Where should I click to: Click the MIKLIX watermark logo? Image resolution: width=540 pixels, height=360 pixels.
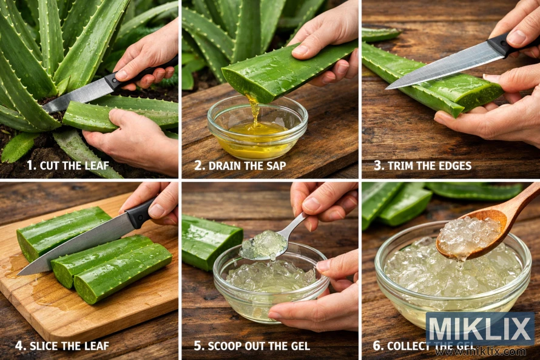click(479, 328)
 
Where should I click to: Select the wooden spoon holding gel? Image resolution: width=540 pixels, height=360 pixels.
click(479, 228)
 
